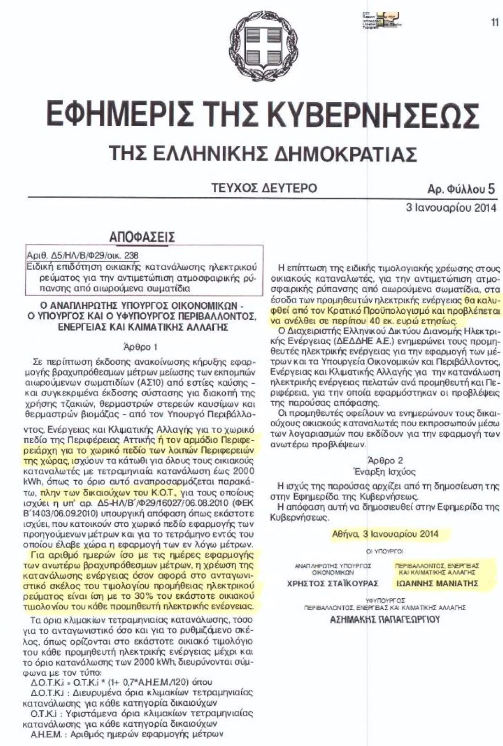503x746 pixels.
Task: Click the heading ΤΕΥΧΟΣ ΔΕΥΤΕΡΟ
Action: (x=264, y=188)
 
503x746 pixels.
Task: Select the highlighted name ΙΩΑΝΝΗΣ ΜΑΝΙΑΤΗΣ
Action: (x=437, y=583)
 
